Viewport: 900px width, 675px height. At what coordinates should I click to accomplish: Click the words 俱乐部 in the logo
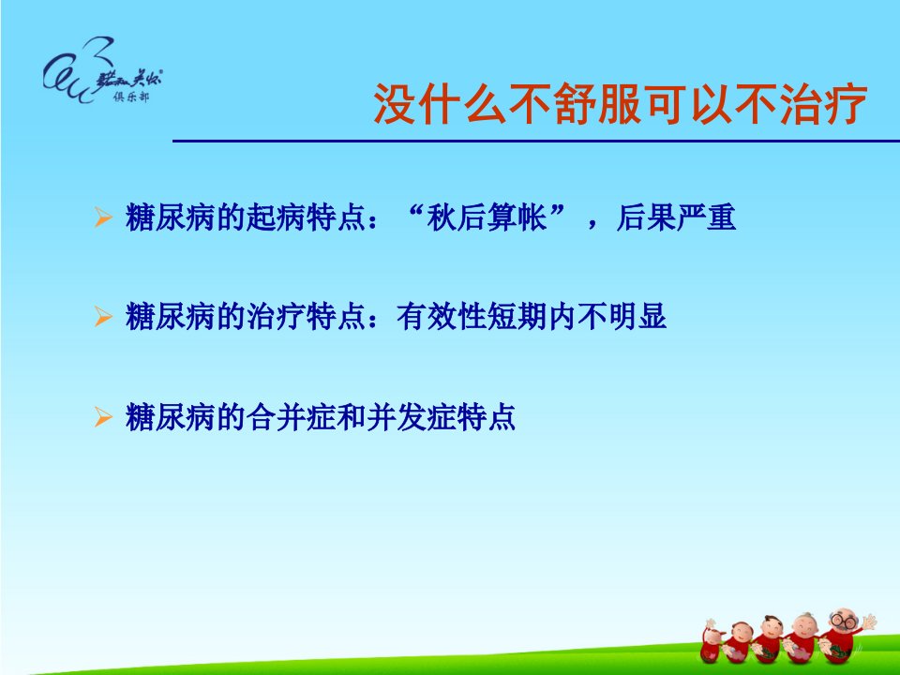131,97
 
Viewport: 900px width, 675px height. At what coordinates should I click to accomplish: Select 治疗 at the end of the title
822,104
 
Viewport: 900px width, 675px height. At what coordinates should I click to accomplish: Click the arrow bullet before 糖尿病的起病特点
103,217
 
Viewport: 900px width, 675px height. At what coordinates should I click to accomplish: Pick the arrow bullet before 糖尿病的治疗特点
103,316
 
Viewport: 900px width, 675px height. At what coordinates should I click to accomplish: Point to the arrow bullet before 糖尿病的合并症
103,416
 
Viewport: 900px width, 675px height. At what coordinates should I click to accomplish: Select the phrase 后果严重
676,217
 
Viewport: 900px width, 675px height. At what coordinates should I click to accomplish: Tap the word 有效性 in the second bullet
441,316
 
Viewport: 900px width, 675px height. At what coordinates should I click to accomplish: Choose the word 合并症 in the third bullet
292,416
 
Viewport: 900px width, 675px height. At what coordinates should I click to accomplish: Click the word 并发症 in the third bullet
411,416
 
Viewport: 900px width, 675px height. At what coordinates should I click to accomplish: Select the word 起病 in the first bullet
276,217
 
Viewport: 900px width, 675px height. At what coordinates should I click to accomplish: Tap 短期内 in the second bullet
532,316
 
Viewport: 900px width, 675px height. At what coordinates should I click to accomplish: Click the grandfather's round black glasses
844,621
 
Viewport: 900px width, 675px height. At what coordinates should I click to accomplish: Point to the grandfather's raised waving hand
869,621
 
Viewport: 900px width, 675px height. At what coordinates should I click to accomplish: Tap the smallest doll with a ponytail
712,641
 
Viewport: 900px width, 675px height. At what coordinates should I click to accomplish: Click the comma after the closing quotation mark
592,223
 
